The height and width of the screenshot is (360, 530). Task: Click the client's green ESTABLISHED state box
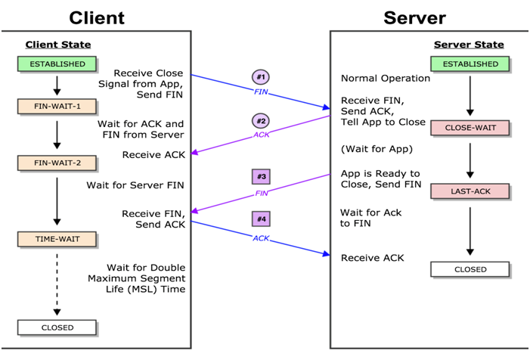tap(57, 64)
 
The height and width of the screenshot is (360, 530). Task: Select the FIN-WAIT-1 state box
tap(57, 107)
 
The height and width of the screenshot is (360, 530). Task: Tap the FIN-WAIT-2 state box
tap(57, 163)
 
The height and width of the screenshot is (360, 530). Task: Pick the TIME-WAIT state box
tap(57, 239)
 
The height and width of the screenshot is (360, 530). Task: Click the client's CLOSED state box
tap(57, 327)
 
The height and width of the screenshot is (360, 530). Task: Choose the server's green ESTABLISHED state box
tap(470, 64)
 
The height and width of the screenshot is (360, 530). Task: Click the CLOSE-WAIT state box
tap(470, 128)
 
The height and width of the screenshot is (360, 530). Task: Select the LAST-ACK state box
tap(470, 191)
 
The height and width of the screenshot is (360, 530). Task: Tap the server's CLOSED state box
tap(470, 269)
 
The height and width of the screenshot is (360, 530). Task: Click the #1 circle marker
tap(261, 77)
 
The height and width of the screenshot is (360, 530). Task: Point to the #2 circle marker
tap(261, 121)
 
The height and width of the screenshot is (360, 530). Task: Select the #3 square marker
tap(261, 176)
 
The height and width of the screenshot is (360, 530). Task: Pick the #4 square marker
tap(261, 219)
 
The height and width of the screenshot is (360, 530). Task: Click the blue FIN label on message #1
tap(261, 92)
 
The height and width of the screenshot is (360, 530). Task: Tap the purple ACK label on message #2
tap(262, 135)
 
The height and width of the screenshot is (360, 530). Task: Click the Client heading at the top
tap(97, 18)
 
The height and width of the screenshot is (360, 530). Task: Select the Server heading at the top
tap(415, 18)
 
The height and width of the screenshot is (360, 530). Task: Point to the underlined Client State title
tap(58, 45)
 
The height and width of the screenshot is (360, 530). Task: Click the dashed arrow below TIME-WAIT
tap(57, 284)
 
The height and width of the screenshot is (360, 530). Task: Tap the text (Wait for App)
tap(377, 149)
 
